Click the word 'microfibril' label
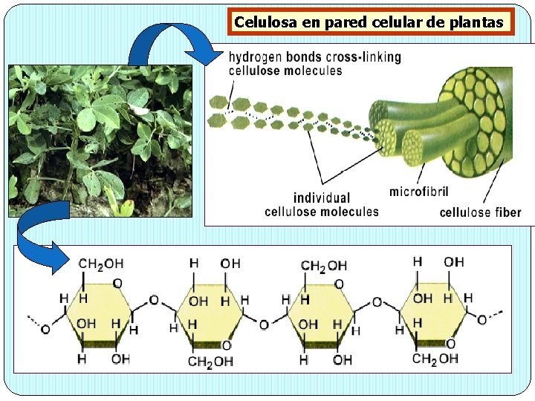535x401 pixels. pos(419,192)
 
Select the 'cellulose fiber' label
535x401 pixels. pos(480,212)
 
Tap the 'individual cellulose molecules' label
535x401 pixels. pos(321,205)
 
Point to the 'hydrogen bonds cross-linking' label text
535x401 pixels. pos(314,57)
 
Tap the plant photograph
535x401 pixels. pos(100,141)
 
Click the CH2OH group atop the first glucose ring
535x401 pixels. pos(101,264)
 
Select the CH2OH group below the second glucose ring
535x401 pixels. pos(211,362)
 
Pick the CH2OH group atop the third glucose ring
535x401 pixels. pos(323,265)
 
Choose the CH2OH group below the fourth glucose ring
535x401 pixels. pos(435,359)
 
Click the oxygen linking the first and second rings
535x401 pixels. pos(154,300)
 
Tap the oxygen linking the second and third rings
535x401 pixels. pos(264,325)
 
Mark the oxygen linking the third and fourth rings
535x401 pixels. pos(377,302)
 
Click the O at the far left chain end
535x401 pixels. pos(45,329)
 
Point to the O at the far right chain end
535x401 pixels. pos(481,320)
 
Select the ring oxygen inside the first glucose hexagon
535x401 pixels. pos(117,283)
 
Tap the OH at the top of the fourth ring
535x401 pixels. pos(453,262)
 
